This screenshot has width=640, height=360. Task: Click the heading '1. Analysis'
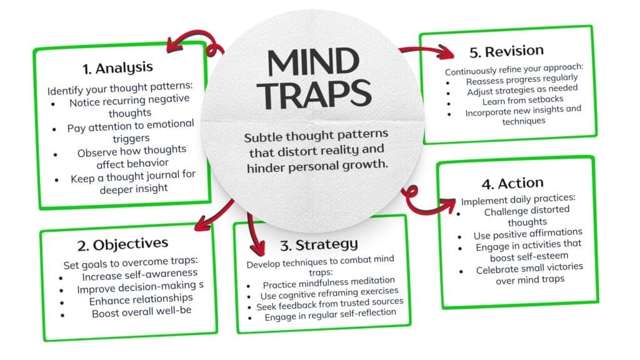click(x=117, y=67)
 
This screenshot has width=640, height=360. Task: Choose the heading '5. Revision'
click(x=507, y=51)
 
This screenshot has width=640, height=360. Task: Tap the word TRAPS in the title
click(x=316, y=93)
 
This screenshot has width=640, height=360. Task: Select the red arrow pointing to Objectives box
click(x=212, y=216)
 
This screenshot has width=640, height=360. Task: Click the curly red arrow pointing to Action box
click(x=428, y=201)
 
